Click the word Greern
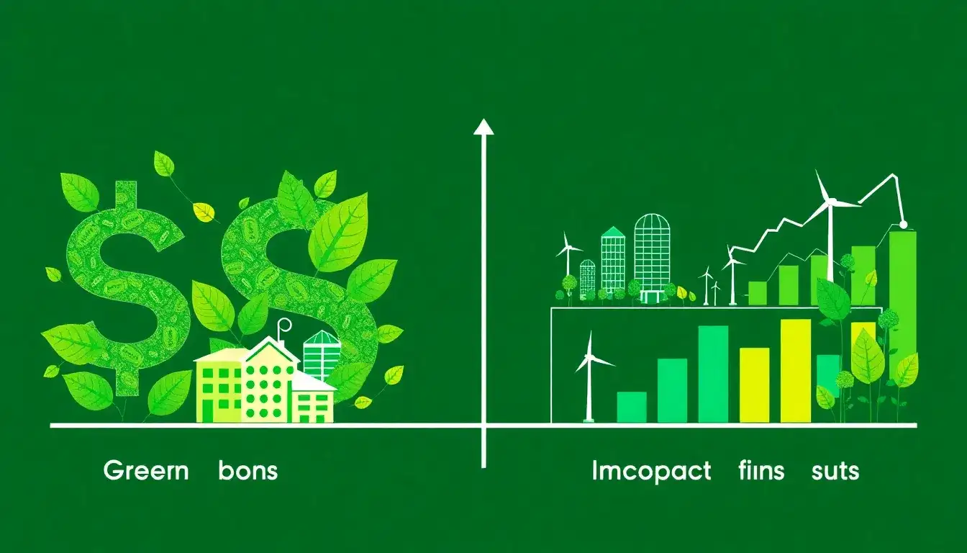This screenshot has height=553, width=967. tap(146, 471)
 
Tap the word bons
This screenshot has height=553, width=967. tap(248, 471)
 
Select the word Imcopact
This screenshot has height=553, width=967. tap(651, 471)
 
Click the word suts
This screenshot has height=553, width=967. tap(835, 471)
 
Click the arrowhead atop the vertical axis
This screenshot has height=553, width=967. tap(484, 128)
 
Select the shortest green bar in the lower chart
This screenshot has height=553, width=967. tap(632, 407)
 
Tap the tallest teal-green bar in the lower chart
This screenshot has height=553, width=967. tap(713, 374)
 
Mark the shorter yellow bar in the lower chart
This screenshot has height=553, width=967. tap(754, 385)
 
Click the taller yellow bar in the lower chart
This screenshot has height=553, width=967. tap(795, 370)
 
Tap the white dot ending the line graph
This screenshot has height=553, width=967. tap(904, 225)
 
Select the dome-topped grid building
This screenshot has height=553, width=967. tap(652, 256)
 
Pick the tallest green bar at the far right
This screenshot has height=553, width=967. tap(903, 302)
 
